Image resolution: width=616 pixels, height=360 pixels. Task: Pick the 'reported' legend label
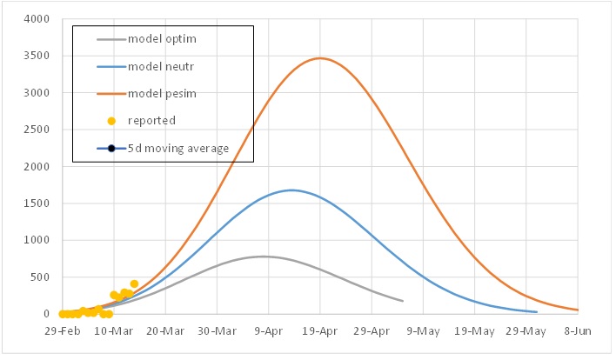point(151,121)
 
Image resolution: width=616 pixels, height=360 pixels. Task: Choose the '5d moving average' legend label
point(178,148)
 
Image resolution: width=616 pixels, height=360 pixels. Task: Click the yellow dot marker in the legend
point(111,121)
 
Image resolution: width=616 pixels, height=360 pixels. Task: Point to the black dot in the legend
point(111,148)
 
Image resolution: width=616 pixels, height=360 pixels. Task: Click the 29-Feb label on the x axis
point(62,331)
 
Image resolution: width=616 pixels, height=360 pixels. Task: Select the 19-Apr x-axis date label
point(320,331)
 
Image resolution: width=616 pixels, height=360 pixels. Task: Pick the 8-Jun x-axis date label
point(578,331)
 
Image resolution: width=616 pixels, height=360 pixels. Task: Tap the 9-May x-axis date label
point(424,331)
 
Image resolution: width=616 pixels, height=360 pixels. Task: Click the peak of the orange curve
point(320,58)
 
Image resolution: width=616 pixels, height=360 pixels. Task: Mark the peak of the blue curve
point(291,190)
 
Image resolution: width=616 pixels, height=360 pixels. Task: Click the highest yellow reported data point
point(134,283)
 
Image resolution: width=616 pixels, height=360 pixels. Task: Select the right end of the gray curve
point(403,301)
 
